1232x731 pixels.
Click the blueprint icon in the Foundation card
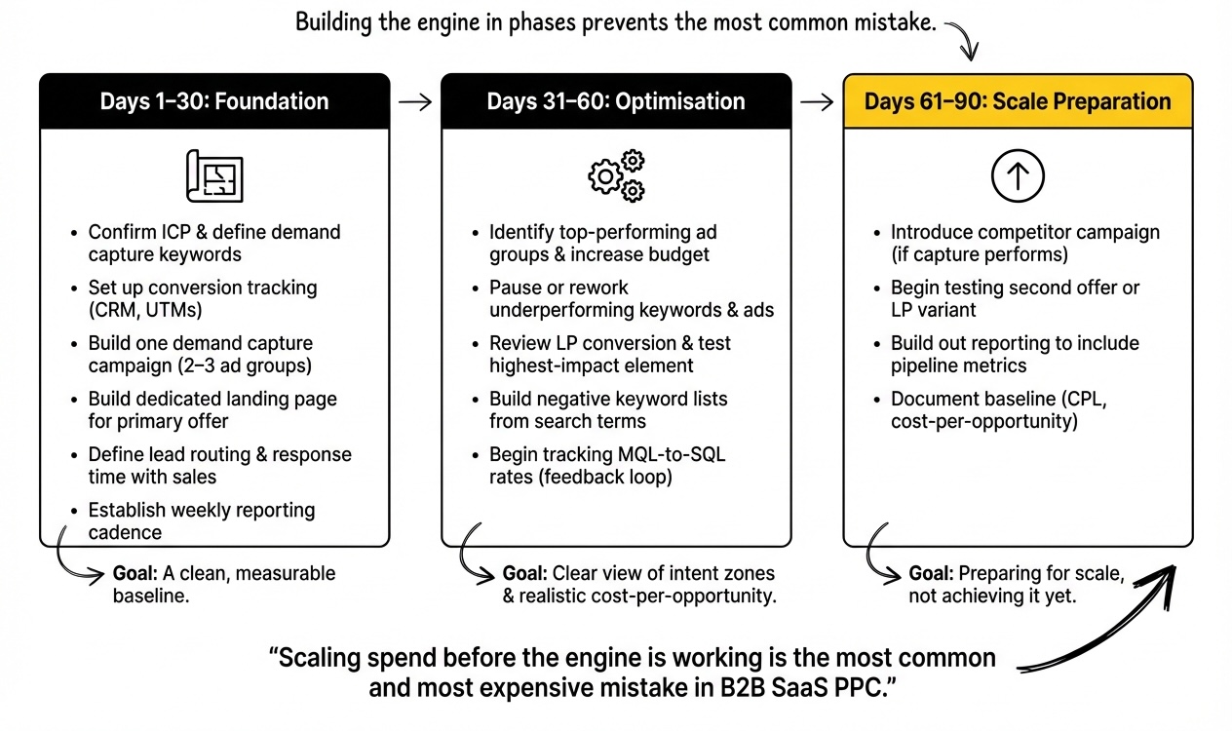214,176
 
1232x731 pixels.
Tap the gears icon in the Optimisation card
616,176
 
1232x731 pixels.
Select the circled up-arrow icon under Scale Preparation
1018,176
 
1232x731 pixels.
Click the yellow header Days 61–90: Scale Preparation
1018,101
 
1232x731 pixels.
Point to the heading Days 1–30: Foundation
214,101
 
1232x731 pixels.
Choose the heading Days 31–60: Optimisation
616,101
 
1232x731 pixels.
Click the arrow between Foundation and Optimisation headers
415,101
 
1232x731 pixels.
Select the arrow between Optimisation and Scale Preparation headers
817,101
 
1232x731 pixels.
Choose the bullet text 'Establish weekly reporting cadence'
202,520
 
